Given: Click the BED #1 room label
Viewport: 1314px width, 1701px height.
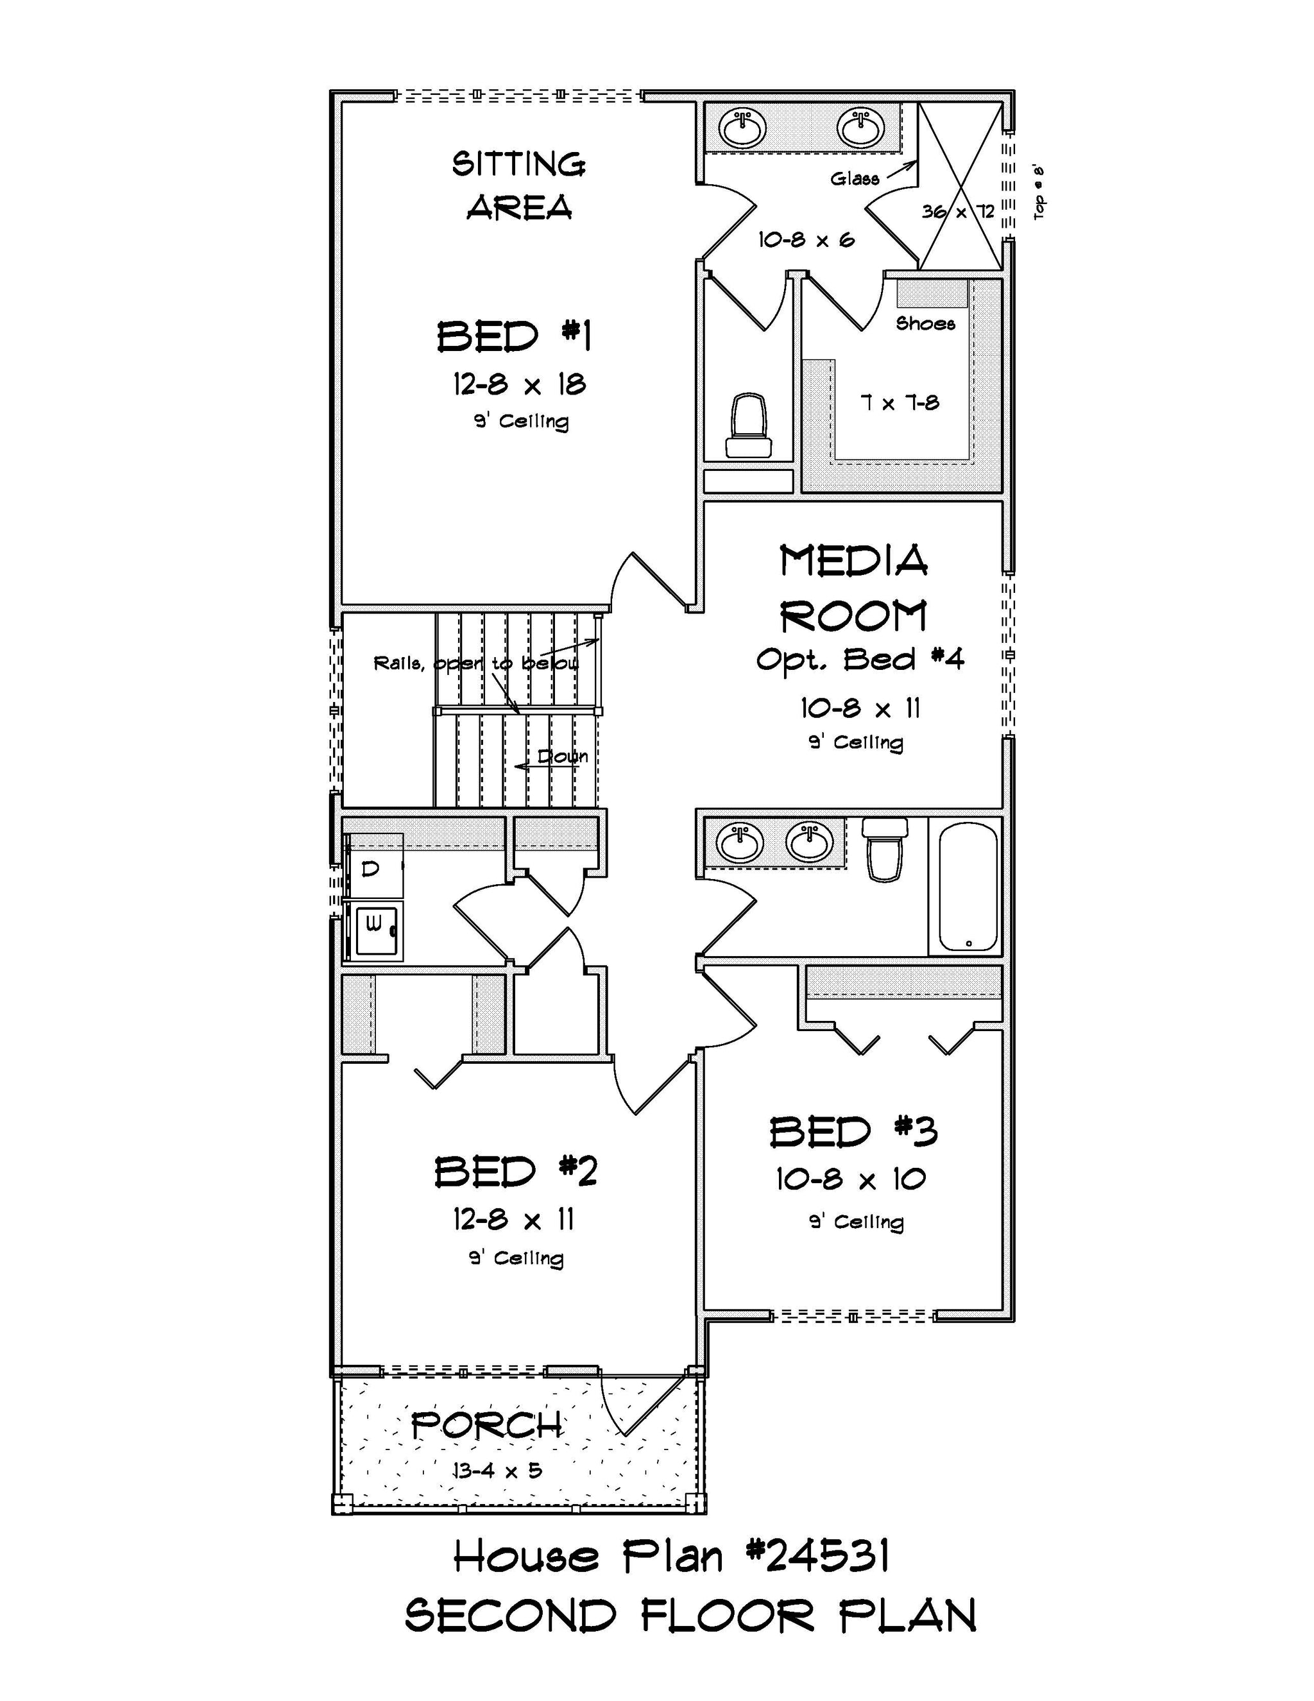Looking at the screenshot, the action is (x=514, y=336).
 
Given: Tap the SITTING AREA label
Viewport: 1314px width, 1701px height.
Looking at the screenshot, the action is (x=519, y=186).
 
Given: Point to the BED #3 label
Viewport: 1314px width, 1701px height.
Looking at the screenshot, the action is (x=854, y=1132).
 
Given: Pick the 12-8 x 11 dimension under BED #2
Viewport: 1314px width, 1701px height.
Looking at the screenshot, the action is (x=513, y=1220).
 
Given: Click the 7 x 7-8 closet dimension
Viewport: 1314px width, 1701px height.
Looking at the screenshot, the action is (x=900, y=403).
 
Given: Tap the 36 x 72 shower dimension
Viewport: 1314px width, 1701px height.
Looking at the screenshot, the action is (x=958, y=211).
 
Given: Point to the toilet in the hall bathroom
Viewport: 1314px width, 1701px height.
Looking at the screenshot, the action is (x=885, y=849).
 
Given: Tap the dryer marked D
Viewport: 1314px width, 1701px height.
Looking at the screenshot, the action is (x=374, y=867).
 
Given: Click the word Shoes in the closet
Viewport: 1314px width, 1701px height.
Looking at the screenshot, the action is (x=925, y=323).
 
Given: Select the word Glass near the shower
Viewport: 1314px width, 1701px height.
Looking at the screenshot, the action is (x=855, y=178).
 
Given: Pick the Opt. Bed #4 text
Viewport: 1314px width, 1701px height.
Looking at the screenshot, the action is (x=860, y=660).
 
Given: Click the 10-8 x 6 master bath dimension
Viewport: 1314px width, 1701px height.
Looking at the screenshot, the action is (x=806, y=239).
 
